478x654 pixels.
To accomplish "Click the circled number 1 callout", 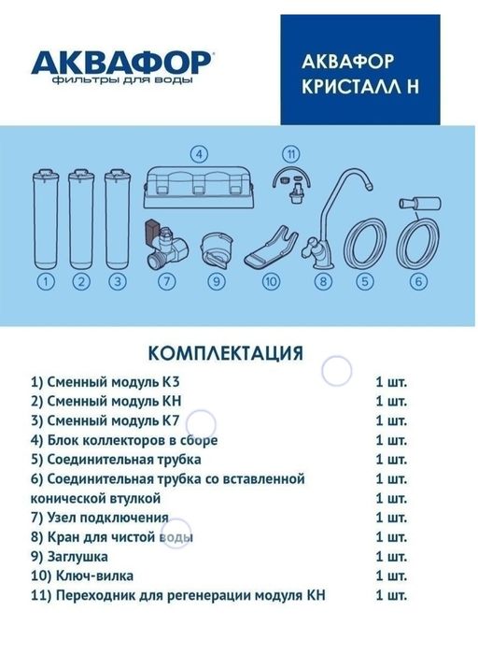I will [x=45, y=280].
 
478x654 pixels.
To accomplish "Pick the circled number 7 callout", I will [x=167, y=280].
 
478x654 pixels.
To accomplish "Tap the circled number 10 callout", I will [x=272, y=280].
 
